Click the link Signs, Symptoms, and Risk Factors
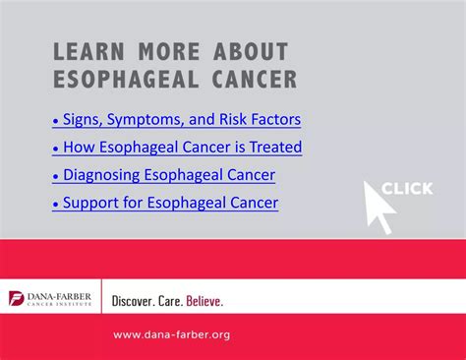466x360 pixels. pos(176,120)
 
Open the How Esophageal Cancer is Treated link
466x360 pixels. pos(177,148)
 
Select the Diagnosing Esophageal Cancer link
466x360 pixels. pos(163,175)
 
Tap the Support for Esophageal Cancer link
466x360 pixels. pos(165,204)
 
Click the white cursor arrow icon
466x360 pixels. pos(378,204)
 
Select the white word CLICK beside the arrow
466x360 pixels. pos(407,189)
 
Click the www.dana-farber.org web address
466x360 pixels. pos(172,334)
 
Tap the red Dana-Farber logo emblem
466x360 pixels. pos(17,298)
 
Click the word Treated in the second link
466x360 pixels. pos(275,148)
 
